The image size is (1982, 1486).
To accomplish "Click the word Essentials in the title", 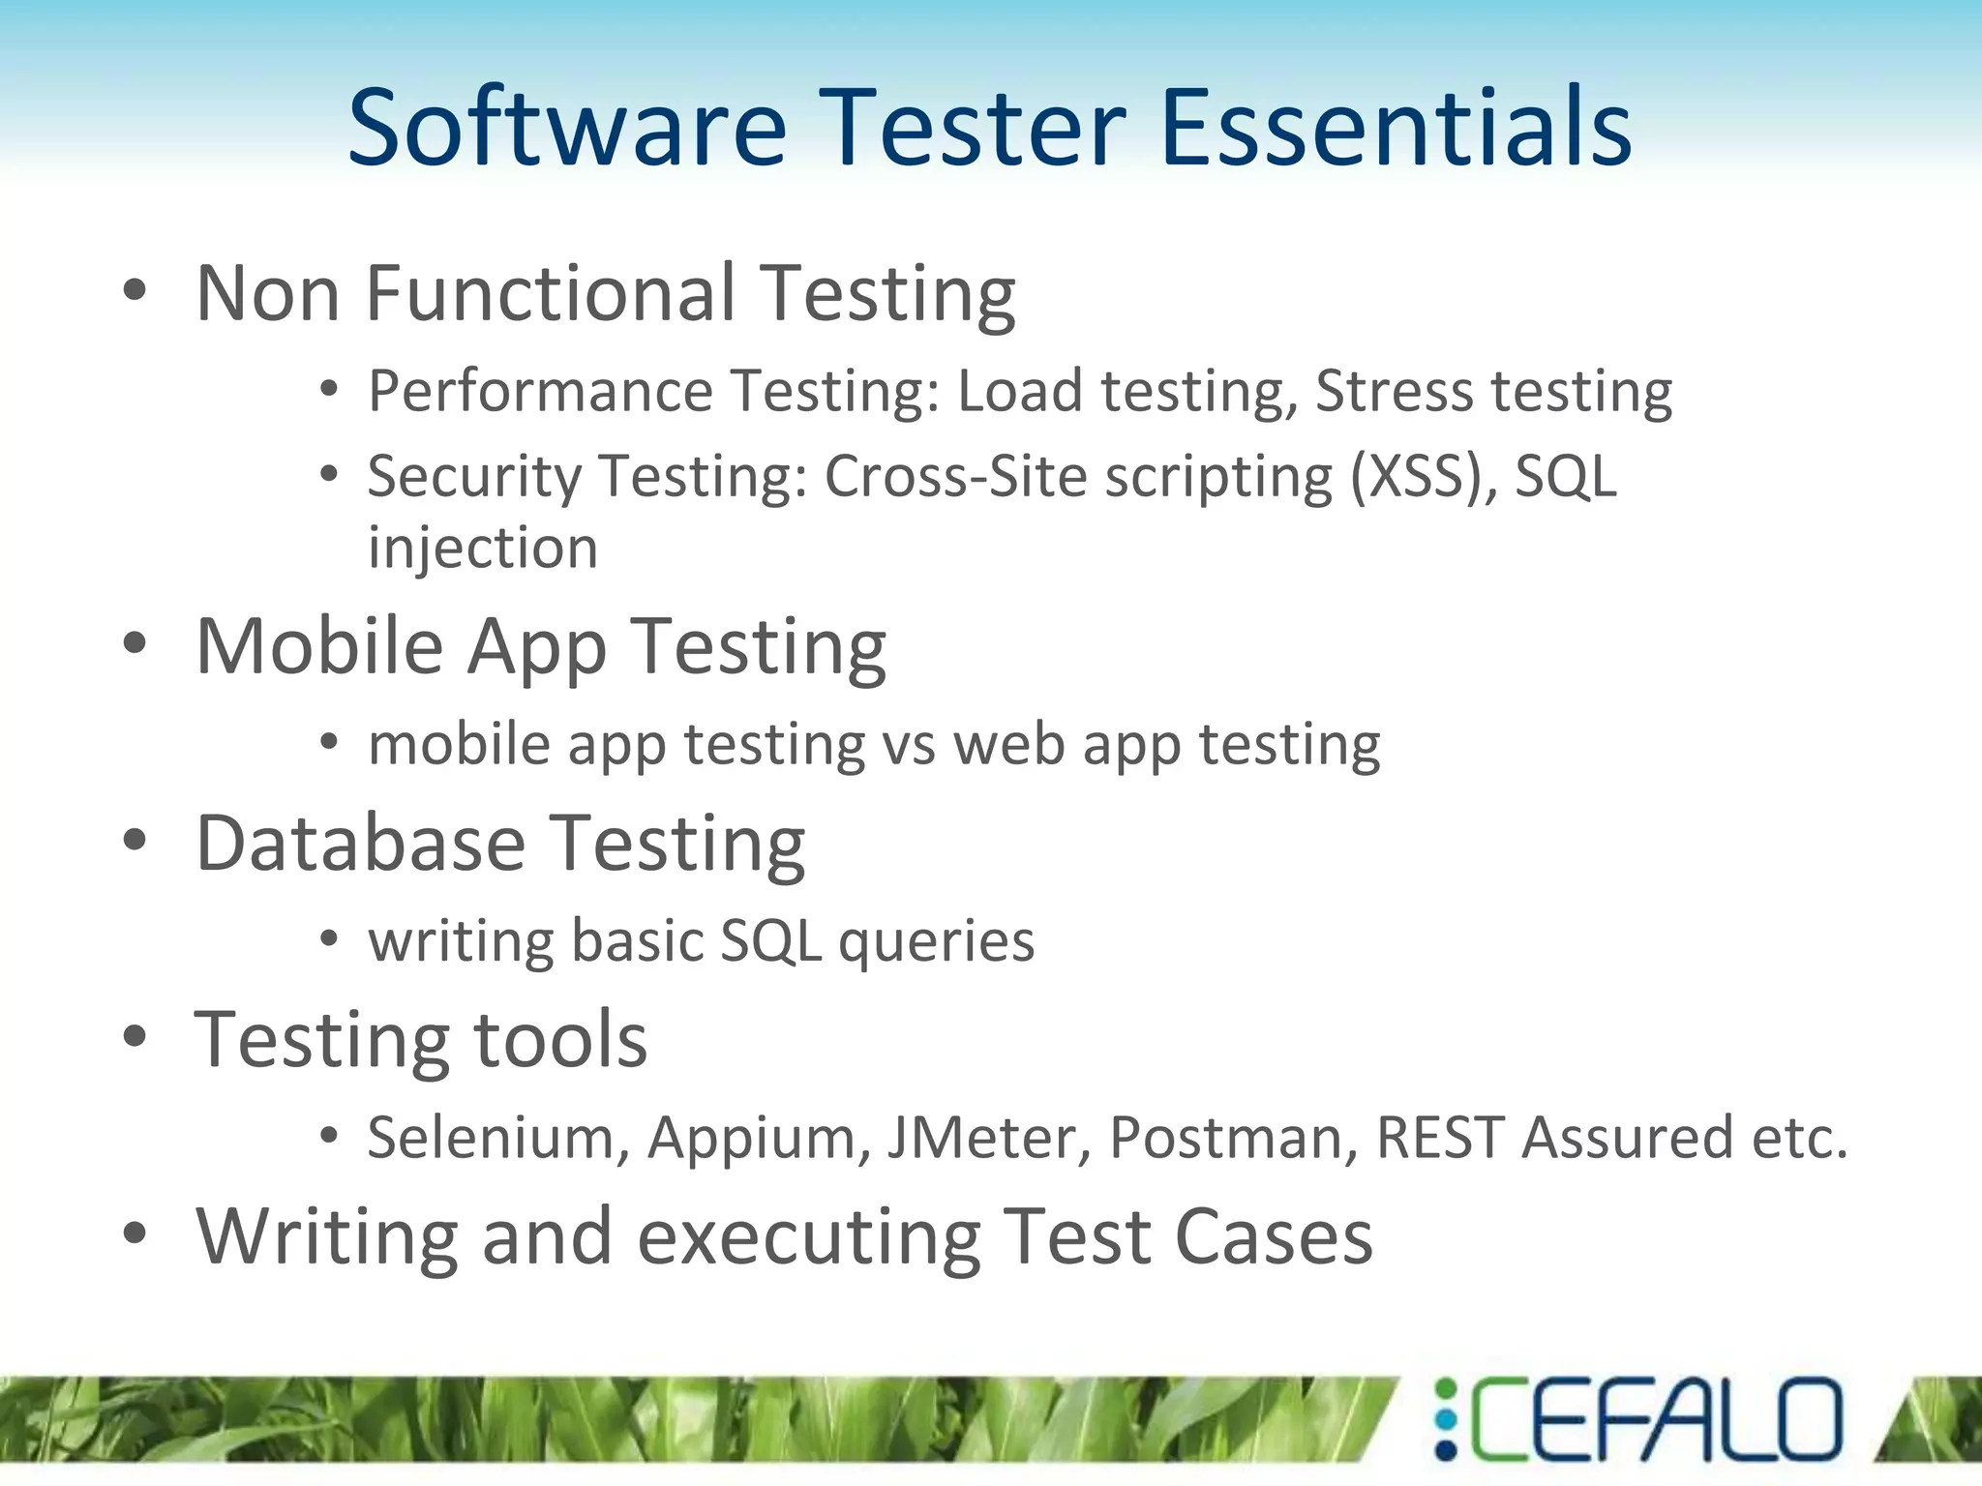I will [x=1396, y=128].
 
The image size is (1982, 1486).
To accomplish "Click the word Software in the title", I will [x=567, y=128].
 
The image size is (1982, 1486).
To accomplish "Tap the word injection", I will [x=483, y=550].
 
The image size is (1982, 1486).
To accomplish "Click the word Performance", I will [x=540, y=392].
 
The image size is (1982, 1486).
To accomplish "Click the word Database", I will [x=361, y=844].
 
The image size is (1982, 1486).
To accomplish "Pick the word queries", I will [x=936, y=941].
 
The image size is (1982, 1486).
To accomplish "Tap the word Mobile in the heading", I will [x=319, y=646].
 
